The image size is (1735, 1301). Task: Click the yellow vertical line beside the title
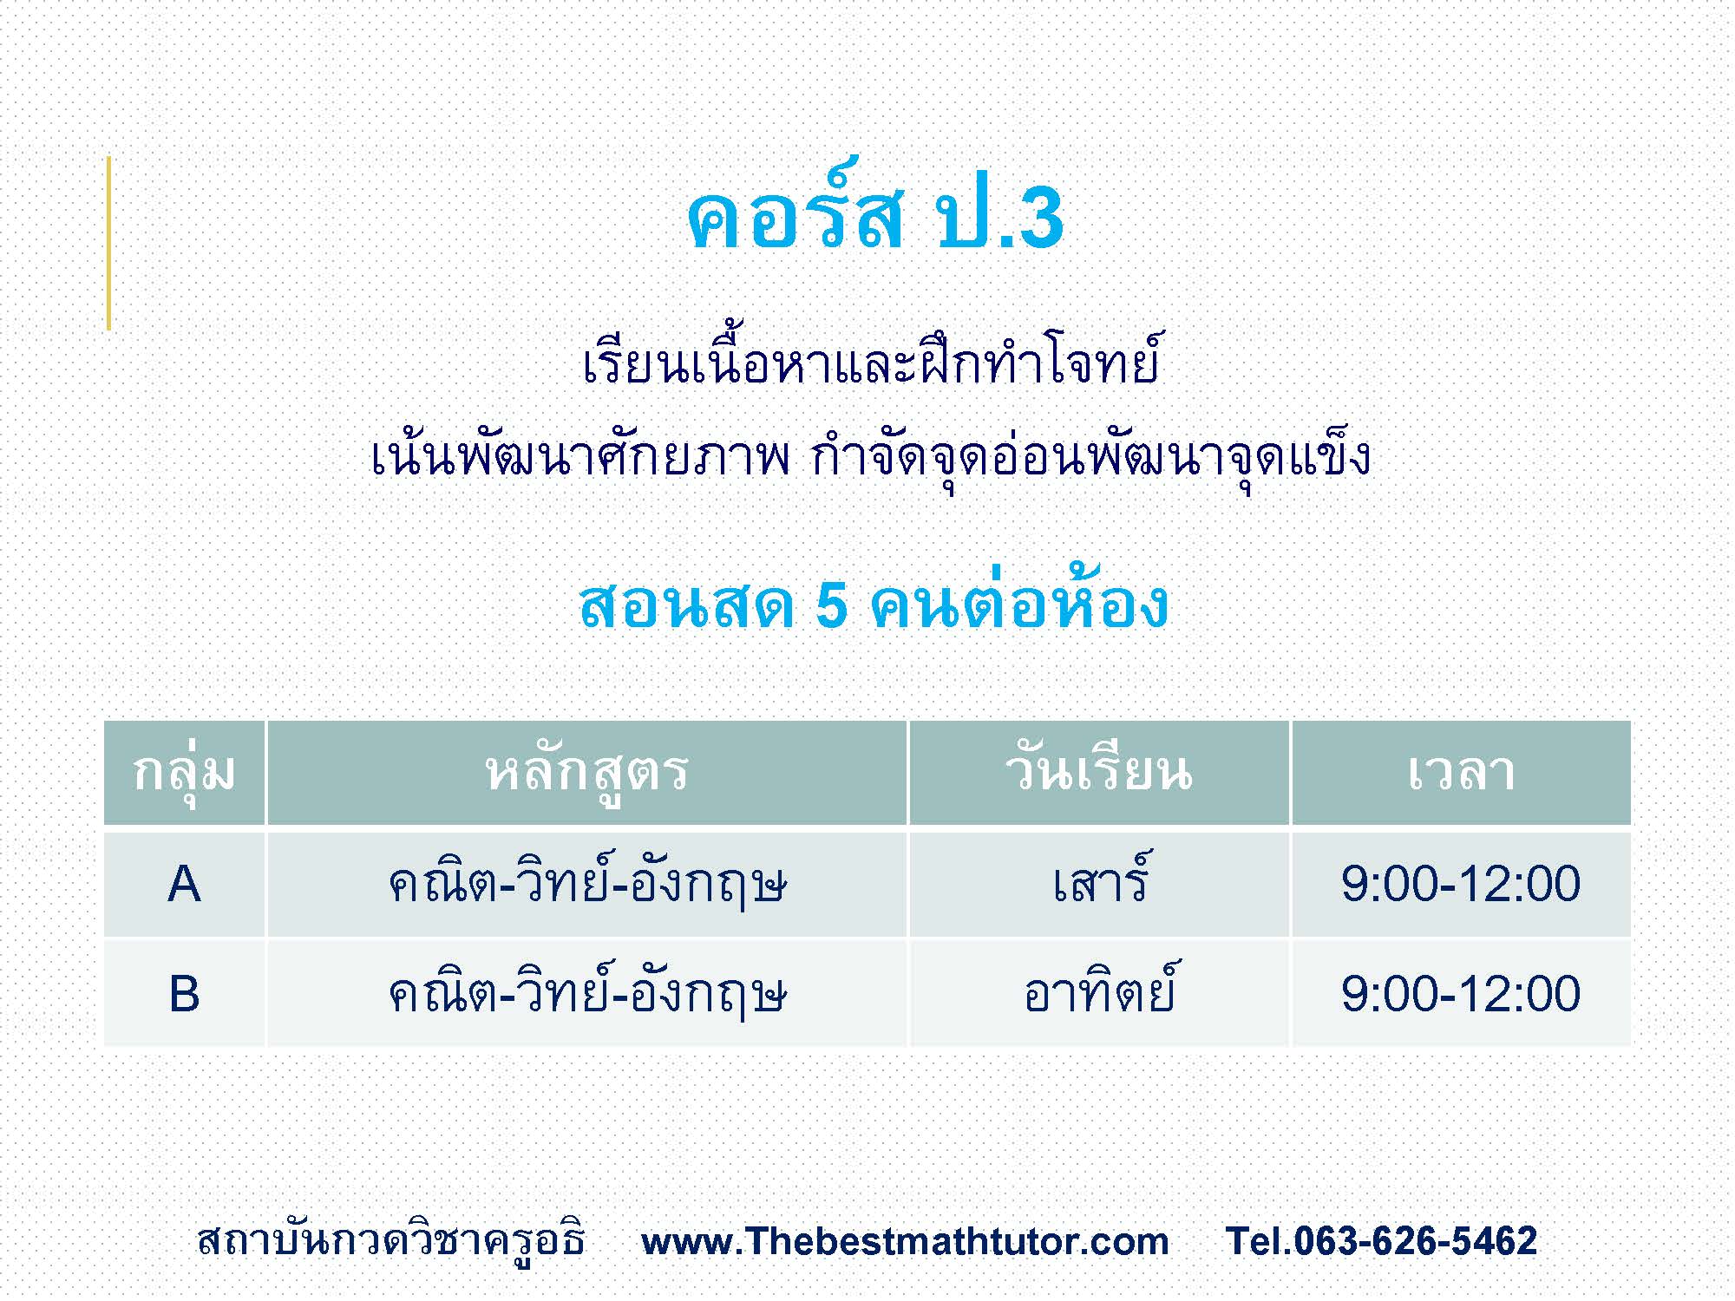[108, 243]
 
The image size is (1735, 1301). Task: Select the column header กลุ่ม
[184, 772]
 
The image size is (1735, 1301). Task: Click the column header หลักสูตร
[587, 772]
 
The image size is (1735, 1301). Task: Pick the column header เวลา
[1461, 772]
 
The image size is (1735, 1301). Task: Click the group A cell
[184, 885]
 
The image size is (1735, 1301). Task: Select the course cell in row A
[587, 885]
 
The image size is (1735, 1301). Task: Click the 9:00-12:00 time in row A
[1461, 885]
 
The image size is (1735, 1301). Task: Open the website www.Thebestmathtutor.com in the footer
[905, 1241]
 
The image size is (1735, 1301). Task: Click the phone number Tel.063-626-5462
[1381, 1241]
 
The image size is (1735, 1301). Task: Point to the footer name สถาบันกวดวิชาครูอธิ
[391, 1240]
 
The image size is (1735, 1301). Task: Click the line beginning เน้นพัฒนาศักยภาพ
[871, 458]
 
